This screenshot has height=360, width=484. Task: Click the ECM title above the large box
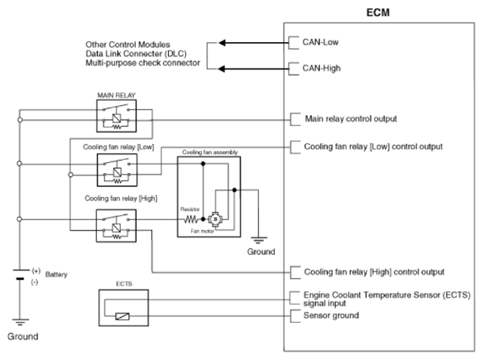(378, 12)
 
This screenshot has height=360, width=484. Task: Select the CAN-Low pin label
(320, 42)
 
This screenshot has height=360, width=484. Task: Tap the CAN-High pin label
(321, 68)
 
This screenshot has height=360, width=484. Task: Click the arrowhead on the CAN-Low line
(222, 42)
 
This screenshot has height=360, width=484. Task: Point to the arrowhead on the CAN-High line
(222, 69)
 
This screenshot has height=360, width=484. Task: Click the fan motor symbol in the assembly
(215, 219)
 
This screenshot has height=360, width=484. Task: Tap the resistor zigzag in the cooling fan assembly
(191, 219)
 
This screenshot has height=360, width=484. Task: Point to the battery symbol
(20, 275)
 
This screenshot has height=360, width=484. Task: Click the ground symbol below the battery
(21, 322)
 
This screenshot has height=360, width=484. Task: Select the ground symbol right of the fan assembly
(259, 240)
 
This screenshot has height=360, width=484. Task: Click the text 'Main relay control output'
(351, 119)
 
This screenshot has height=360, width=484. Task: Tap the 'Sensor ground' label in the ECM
(331, 315)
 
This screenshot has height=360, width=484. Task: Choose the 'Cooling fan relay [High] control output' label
(374, 272)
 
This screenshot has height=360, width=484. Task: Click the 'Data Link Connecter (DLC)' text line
(137, 54)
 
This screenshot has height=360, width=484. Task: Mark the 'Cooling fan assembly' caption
(210, 152)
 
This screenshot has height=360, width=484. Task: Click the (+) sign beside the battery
(36, 271)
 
